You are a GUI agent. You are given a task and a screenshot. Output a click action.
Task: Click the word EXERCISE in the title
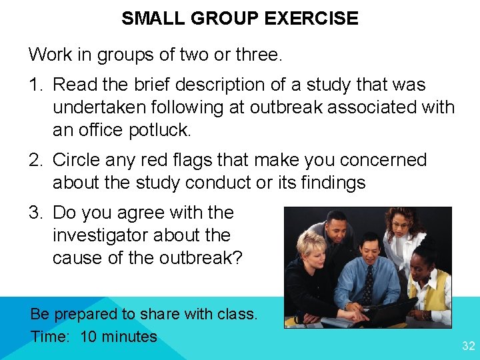click(x=311, y=18)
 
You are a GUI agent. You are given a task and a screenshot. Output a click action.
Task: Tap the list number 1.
click(x=35, y=85)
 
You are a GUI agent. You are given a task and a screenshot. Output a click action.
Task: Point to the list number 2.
click(x=35, y=161)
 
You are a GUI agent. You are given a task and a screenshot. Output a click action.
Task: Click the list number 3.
click(x=35, y=213)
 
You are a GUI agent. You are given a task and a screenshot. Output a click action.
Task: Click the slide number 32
click(x=469, y=345)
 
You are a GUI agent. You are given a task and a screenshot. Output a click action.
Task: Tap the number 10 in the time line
click(x=89, y=337)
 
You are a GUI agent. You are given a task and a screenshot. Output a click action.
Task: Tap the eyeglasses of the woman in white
click(x=401, y=225)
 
